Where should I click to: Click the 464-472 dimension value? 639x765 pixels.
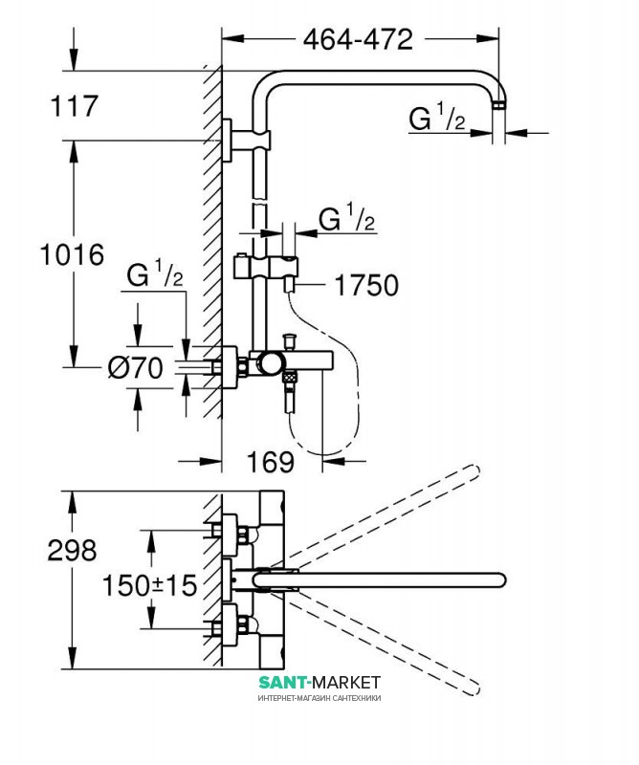[358, 39]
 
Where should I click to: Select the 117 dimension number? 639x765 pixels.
[74, 105]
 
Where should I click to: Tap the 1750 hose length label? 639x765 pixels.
[364, 285]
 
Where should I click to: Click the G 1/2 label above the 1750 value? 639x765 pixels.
[346, 220]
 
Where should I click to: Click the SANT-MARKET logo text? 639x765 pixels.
[319, 682]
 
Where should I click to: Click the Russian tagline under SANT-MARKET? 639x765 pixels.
[319, 699]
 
